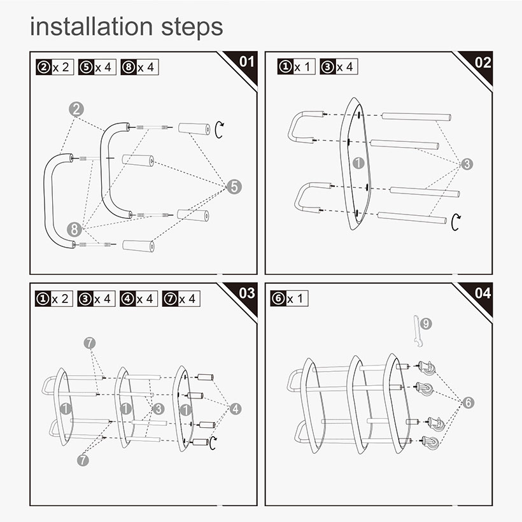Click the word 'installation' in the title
click(91, 27)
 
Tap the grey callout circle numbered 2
click(76, 109)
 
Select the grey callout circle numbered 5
click(234, 187)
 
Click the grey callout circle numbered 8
click(74, 229)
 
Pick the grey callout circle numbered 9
click(426, 323)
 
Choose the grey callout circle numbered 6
click(468, 403)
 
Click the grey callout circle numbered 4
click(236, 409)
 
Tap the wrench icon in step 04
click(416, 331)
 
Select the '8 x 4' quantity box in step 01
click(139, 67)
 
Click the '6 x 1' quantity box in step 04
click(289, 299)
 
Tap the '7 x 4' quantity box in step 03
click(181, 299)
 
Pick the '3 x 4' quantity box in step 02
click(339, 67)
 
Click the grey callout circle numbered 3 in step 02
click(467, 164)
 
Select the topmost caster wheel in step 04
click(426, 368)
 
